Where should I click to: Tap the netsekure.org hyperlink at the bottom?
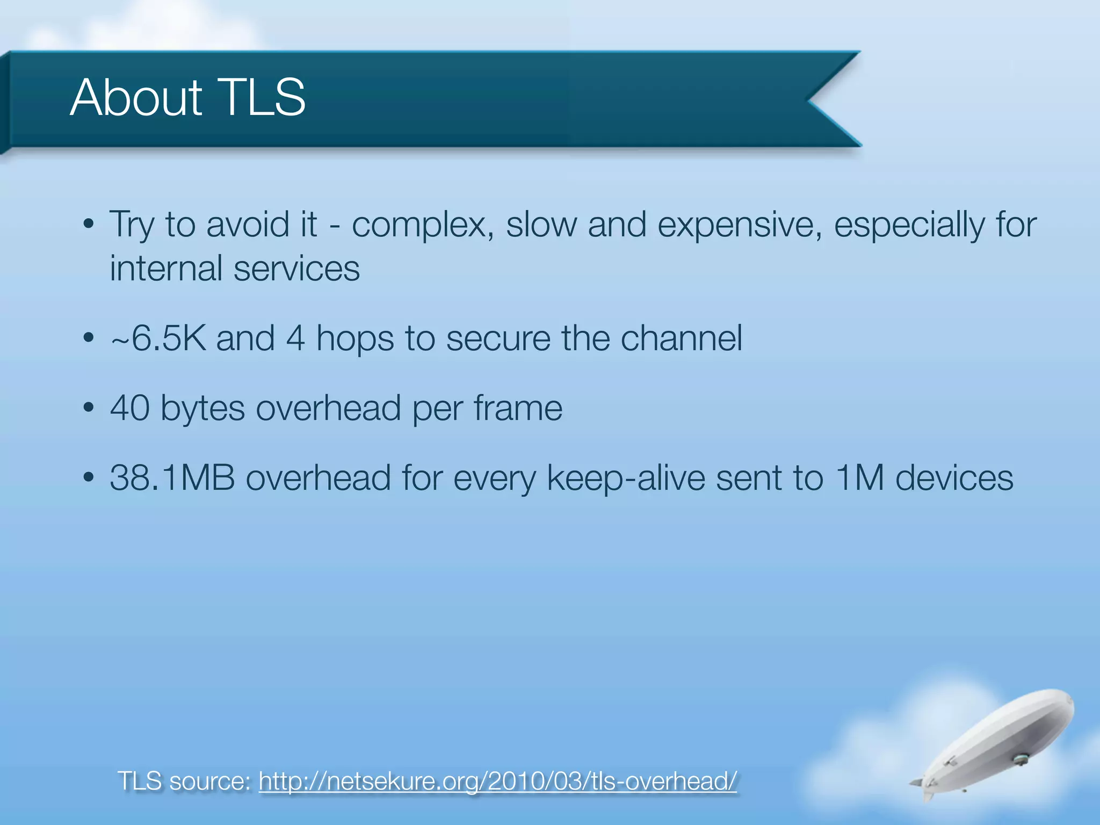[497, 780]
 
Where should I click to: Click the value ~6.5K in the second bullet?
[158, 338]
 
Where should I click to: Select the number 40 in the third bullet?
[129, 408]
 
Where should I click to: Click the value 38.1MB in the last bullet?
[172, 477]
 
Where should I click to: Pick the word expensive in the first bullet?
[740, 225]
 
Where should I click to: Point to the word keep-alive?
[626, 479]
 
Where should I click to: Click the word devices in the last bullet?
[954, 477]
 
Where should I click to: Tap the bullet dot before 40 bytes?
[89, 408]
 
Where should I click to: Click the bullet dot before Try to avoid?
[89, 224]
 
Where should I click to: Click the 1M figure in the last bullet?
[859, 477]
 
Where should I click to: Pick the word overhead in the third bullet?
[328, 408]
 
